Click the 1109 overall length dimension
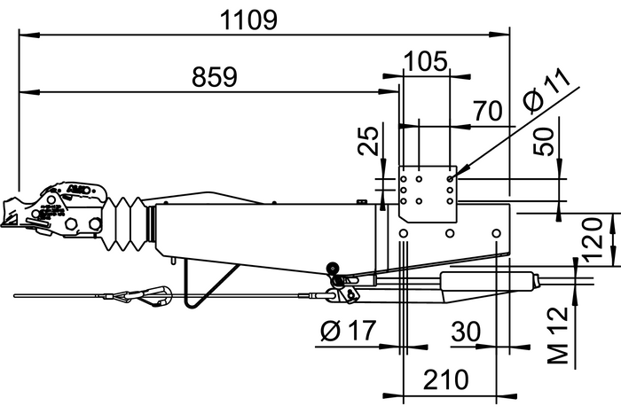[x=252, y=19]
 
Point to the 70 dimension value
[x=487, y=111]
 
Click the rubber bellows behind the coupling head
[x=129, y=223]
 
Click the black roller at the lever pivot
[x=333, y=269]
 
